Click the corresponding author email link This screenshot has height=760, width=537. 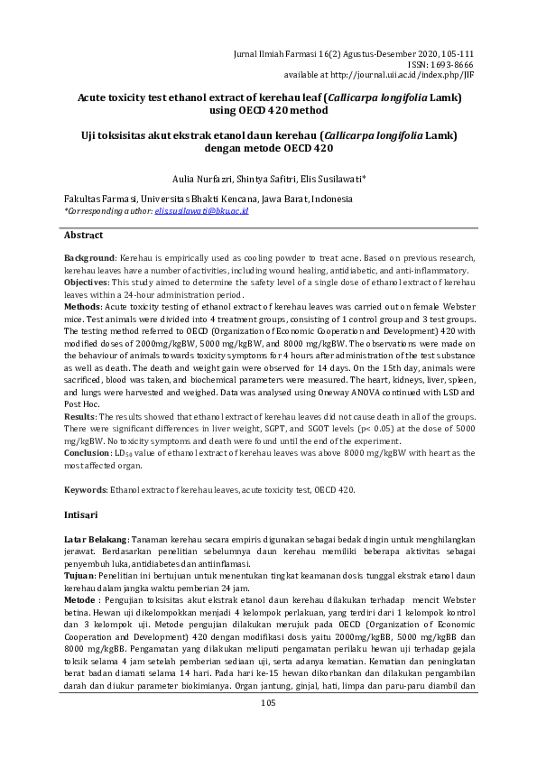point(201,211)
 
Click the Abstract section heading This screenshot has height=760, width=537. point(83,236)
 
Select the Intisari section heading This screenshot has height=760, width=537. point(82,513)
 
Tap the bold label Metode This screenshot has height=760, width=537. point(82,599)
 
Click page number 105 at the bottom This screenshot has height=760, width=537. point(269,728)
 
